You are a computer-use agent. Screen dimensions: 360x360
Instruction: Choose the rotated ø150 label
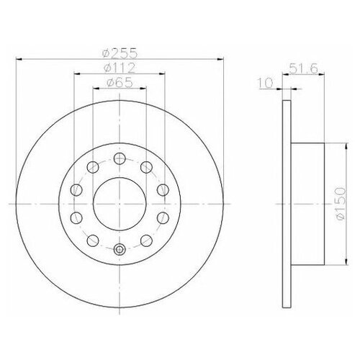[x=338, y=194]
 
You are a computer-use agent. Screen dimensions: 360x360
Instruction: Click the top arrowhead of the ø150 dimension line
[x=330, y=141]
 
